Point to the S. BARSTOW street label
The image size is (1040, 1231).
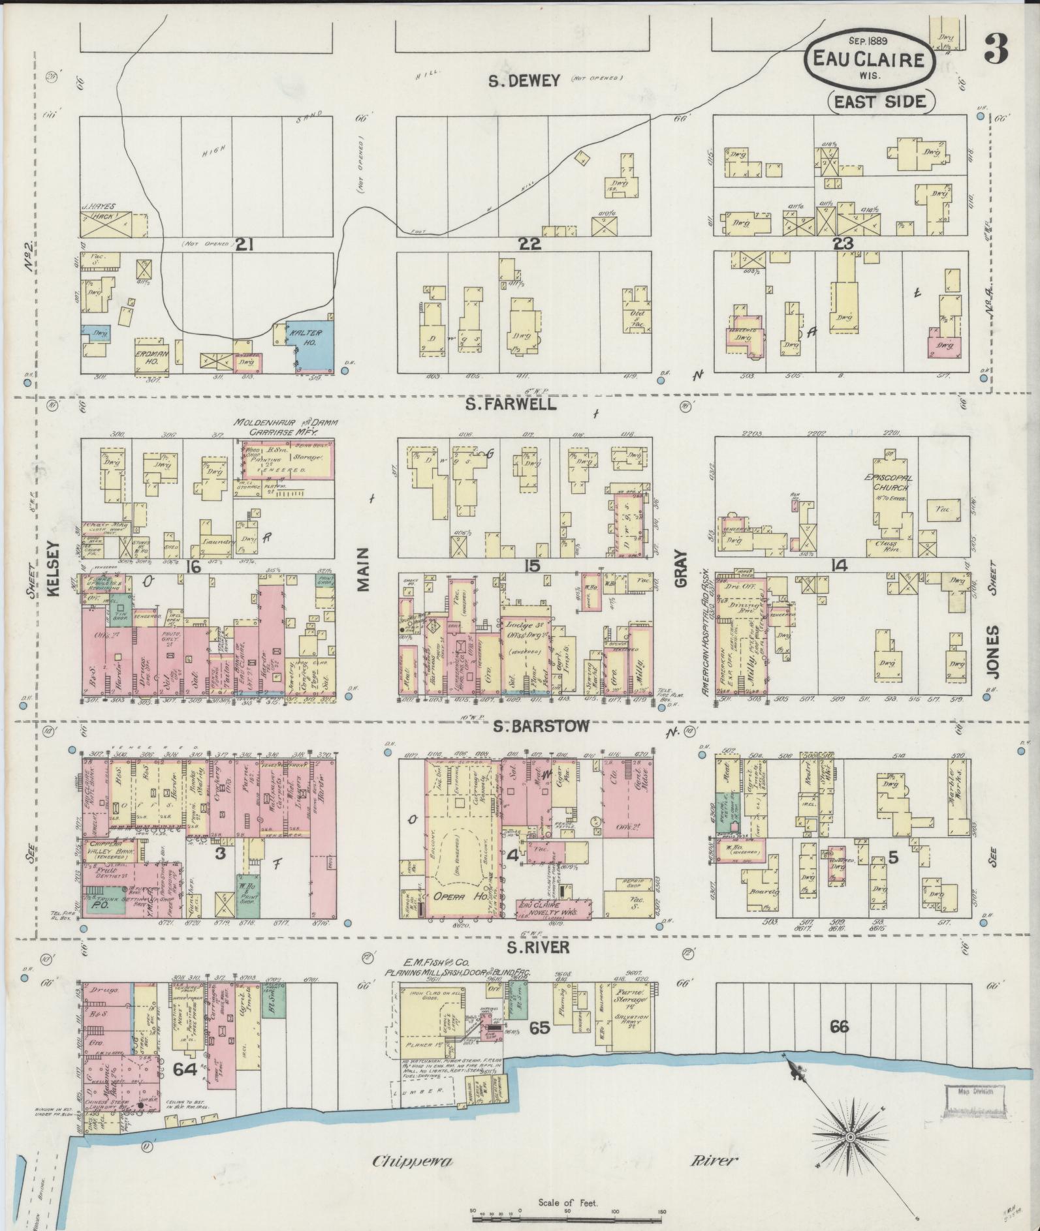click(x=541, y=726)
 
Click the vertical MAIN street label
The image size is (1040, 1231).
click(x=363, y=569)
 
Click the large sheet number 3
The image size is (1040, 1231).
click(x=996, y=48)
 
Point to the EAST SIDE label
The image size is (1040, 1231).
click(x=881, y=101)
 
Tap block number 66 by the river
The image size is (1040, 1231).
click(x=839, y=1027)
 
